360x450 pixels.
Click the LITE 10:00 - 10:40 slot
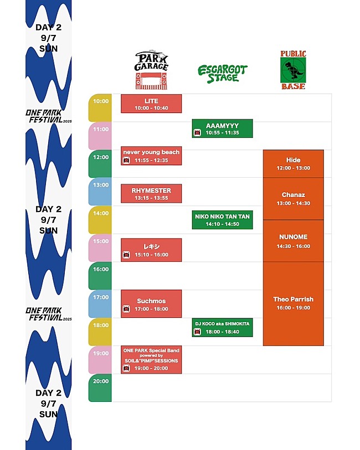151,104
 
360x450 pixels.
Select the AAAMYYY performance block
222,129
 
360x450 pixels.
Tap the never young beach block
151,156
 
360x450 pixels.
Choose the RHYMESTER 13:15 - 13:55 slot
151,194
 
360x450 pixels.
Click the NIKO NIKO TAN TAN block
222,220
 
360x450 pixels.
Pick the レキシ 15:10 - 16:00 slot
151,250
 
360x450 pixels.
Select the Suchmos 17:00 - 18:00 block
151,304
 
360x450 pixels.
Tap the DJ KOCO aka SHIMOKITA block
222,328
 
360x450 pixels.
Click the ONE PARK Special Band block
151,360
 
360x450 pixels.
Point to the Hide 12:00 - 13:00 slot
293,164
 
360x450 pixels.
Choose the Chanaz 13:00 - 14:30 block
293,199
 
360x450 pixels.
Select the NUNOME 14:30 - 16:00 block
293,241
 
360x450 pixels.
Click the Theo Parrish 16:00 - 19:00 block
293,303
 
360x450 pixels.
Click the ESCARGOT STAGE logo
223,74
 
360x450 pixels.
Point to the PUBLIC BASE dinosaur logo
293,70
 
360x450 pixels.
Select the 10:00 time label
100,101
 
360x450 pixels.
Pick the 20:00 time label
100,381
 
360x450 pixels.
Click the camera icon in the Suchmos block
126,309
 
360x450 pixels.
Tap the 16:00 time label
100,270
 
